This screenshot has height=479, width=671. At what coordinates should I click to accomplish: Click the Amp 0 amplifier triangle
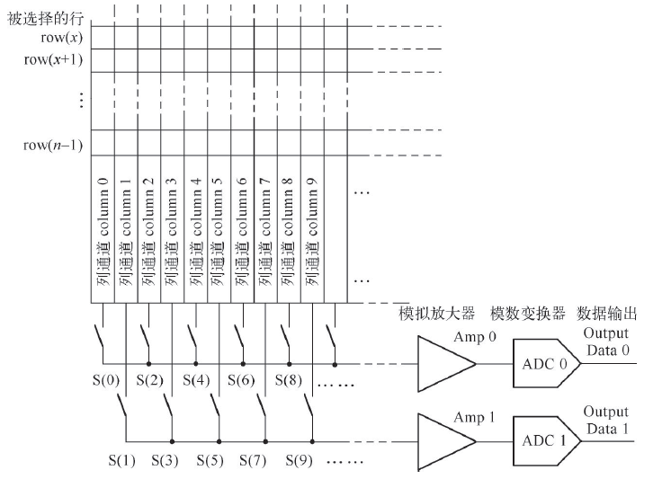click(x=445, y=364)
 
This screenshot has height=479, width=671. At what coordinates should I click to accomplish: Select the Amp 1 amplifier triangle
click(x=445, y=441)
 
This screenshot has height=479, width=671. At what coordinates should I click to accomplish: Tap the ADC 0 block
click(x=547, y=364)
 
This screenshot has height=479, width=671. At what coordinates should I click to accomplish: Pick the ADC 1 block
click(x=547, y=440)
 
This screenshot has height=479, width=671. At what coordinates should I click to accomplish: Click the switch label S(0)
click(x=106, y=380)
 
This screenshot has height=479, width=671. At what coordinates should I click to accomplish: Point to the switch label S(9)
click(x=300, y=460)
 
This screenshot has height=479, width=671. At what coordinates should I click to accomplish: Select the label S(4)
click(x=196, y=380)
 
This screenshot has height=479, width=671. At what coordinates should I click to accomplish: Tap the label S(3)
click(x=165, y=460)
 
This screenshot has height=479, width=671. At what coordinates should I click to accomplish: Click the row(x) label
click(x=62, y=38)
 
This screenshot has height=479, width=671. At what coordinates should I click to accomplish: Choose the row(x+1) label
click(x=53, y=59)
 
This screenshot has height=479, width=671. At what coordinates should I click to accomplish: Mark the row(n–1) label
click(x=53, y=146)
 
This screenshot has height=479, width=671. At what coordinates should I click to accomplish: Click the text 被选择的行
click(x=45, y=18)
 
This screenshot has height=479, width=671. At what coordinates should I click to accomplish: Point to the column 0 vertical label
click(x=103, y=232)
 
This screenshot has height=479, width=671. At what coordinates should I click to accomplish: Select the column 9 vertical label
click(x=312, y=232)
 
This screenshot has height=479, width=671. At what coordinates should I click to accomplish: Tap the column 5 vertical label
click(x=217, y=232)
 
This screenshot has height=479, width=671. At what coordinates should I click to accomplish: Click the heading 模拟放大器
click(x=437, y=314)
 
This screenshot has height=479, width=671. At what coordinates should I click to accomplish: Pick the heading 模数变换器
click(x=528, y=314)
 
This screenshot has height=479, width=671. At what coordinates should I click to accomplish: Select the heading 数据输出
click(x=607, y=314)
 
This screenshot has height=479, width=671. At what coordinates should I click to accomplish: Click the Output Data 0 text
click(x=606, y=342)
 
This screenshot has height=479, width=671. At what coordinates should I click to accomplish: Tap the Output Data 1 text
click(x=606, y=420)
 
